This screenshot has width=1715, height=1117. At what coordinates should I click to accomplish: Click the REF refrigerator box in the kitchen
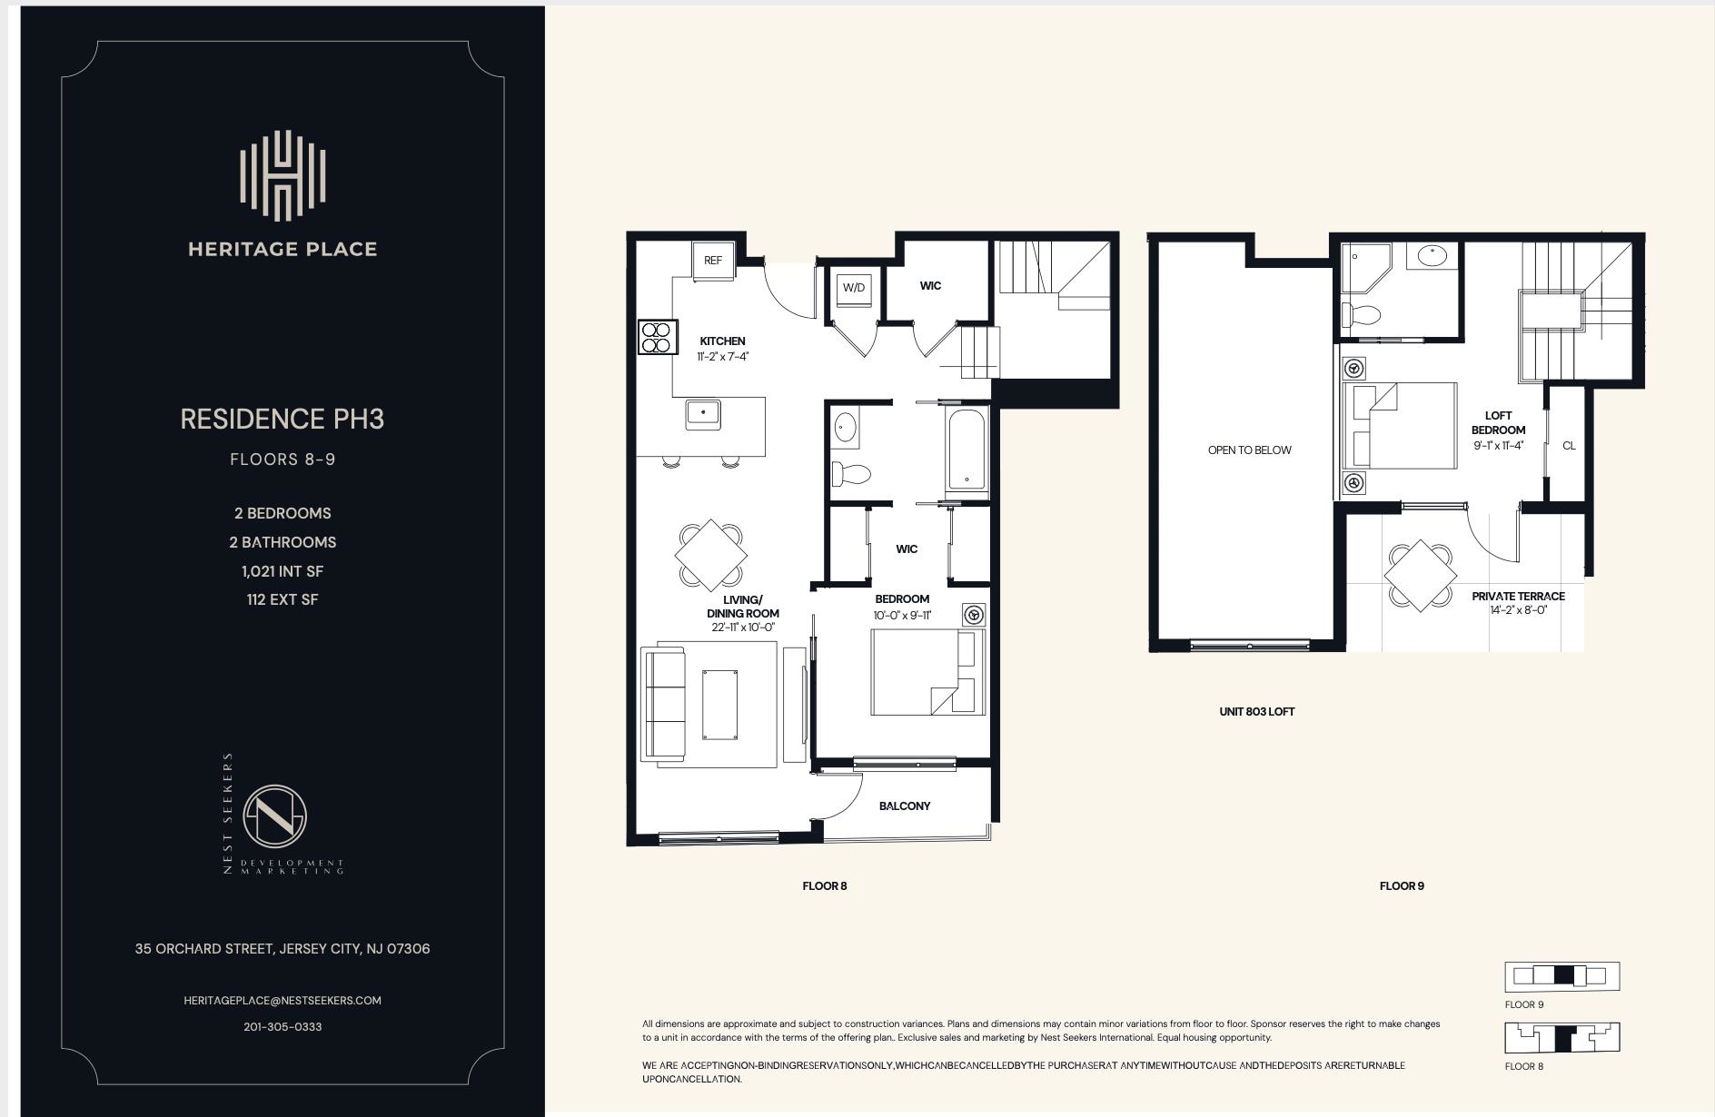(713, 260)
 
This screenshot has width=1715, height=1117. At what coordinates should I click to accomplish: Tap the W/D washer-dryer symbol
(853, 288)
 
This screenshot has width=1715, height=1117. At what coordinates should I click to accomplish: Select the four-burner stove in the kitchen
(657, 337)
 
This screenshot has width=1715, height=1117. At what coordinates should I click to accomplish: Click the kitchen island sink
(703, 414)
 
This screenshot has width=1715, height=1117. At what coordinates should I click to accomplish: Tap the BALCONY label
(904, 806)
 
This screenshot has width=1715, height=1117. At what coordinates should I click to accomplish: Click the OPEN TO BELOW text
(1249, 450)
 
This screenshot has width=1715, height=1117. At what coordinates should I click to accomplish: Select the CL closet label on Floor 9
(1569, 446)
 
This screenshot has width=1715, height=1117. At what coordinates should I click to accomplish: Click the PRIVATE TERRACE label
(1518, 597)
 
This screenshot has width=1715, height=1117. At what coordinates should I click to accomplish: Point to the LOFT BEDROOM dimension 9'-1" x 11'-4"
(1498, 446)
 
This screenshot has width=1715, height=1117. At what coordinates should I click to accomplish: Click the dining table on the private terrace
(1420, 575)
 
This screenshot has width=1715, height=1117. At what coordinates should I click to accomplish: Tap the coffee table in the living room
(719, 705)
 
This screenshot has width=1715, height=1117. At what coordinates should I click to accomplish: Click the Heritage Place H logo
(283, 176)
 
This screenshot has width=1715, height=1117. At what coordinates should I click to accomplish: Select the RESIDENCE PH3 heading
(283, 419)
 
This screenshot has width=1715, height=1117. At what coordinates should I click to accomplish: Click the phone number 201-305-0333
(283, 1026)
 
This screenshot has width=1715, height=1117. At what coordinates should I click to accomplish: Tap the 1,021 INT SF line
(283, 571)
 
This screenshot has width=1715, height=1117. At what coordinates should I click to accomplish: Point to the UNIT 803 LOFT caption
(1256, 711)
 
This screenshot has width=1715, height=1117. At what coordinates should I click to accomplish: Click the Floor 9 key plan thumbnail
(1561, 976)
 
